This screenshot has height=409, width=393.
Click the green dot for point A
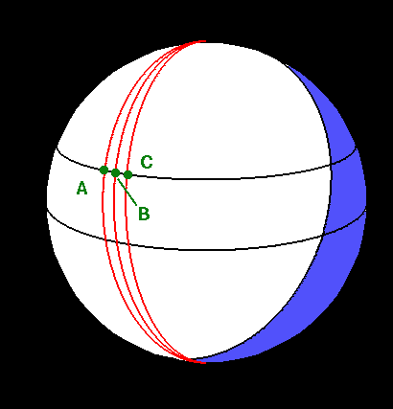tap(104, 170)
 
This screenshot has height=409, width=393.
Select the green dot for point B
tap(115, 173)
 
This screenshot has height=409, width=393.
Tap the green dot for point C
tap(127, 174)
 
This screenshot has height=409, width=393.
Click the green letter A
tap(81, 188)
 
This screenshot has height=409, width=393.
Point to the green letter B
tap(144, 214)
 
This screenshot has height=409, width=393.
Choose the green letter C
tap(147, 162)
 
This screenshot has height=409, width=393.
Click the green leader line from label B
tap(127, 192)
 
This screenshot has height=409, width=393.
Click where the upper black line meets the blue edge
tap(331, 165)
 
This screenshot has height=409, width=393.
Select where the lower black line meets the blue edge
tap(323, 236)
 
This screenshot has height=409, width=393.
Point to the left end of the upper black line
tap(58, 148)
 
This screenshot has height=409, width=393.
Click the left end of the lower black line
tap(48, 212)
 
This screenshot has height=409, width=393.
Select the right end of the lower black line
tap(366, 212)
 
